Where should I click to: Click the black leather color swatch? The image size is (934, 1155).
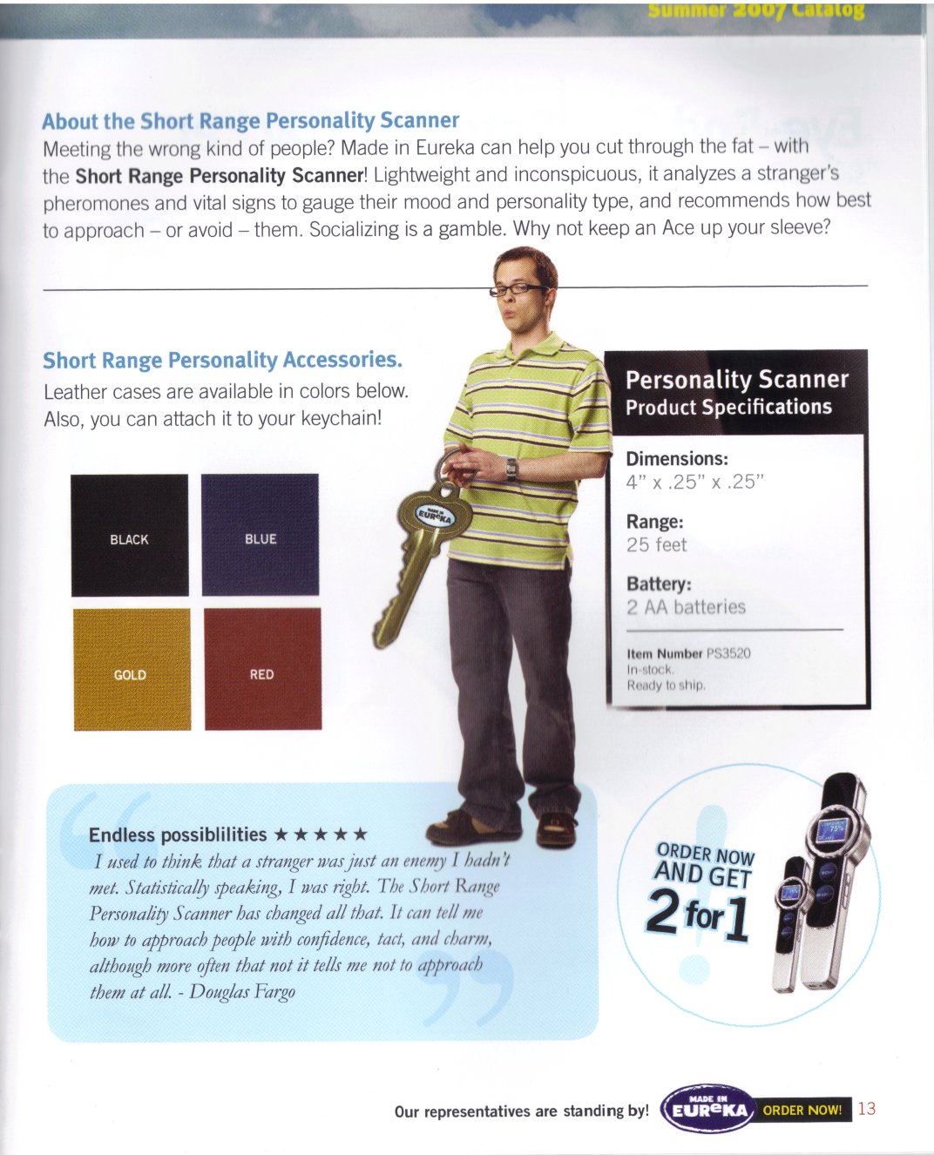tap(129, 535)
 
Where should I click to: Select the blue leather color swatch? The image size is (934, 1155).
tap(260, 535)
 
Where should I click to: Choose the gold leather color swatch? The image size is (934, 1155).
tap(131, 669)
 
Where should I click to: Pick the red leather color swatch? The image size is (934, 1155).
tap(262, 669)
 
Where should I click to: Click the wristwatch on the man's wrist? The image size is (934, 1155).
tap(511, 469)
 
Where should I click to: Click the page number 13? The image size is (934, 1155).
tap(867, 1109)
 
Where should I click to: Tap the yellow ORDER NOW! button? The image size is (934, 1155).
tap(802, 1110)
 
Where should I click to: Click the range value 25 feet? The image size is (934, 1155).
tap(656, 545)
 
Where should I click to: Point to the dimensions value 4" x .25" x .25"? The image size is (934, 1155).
tap(694, 483)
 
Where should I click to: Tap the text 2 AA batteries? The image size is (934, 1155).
tap(686, 607)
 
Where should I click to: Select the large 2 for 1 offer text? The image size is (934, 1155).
tap(698, 914)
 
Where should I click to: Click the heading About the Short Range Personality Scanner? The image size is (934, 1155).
tap(250, 120)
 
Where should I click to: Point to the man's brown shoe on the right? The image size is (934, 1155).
tap(556, 828)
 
